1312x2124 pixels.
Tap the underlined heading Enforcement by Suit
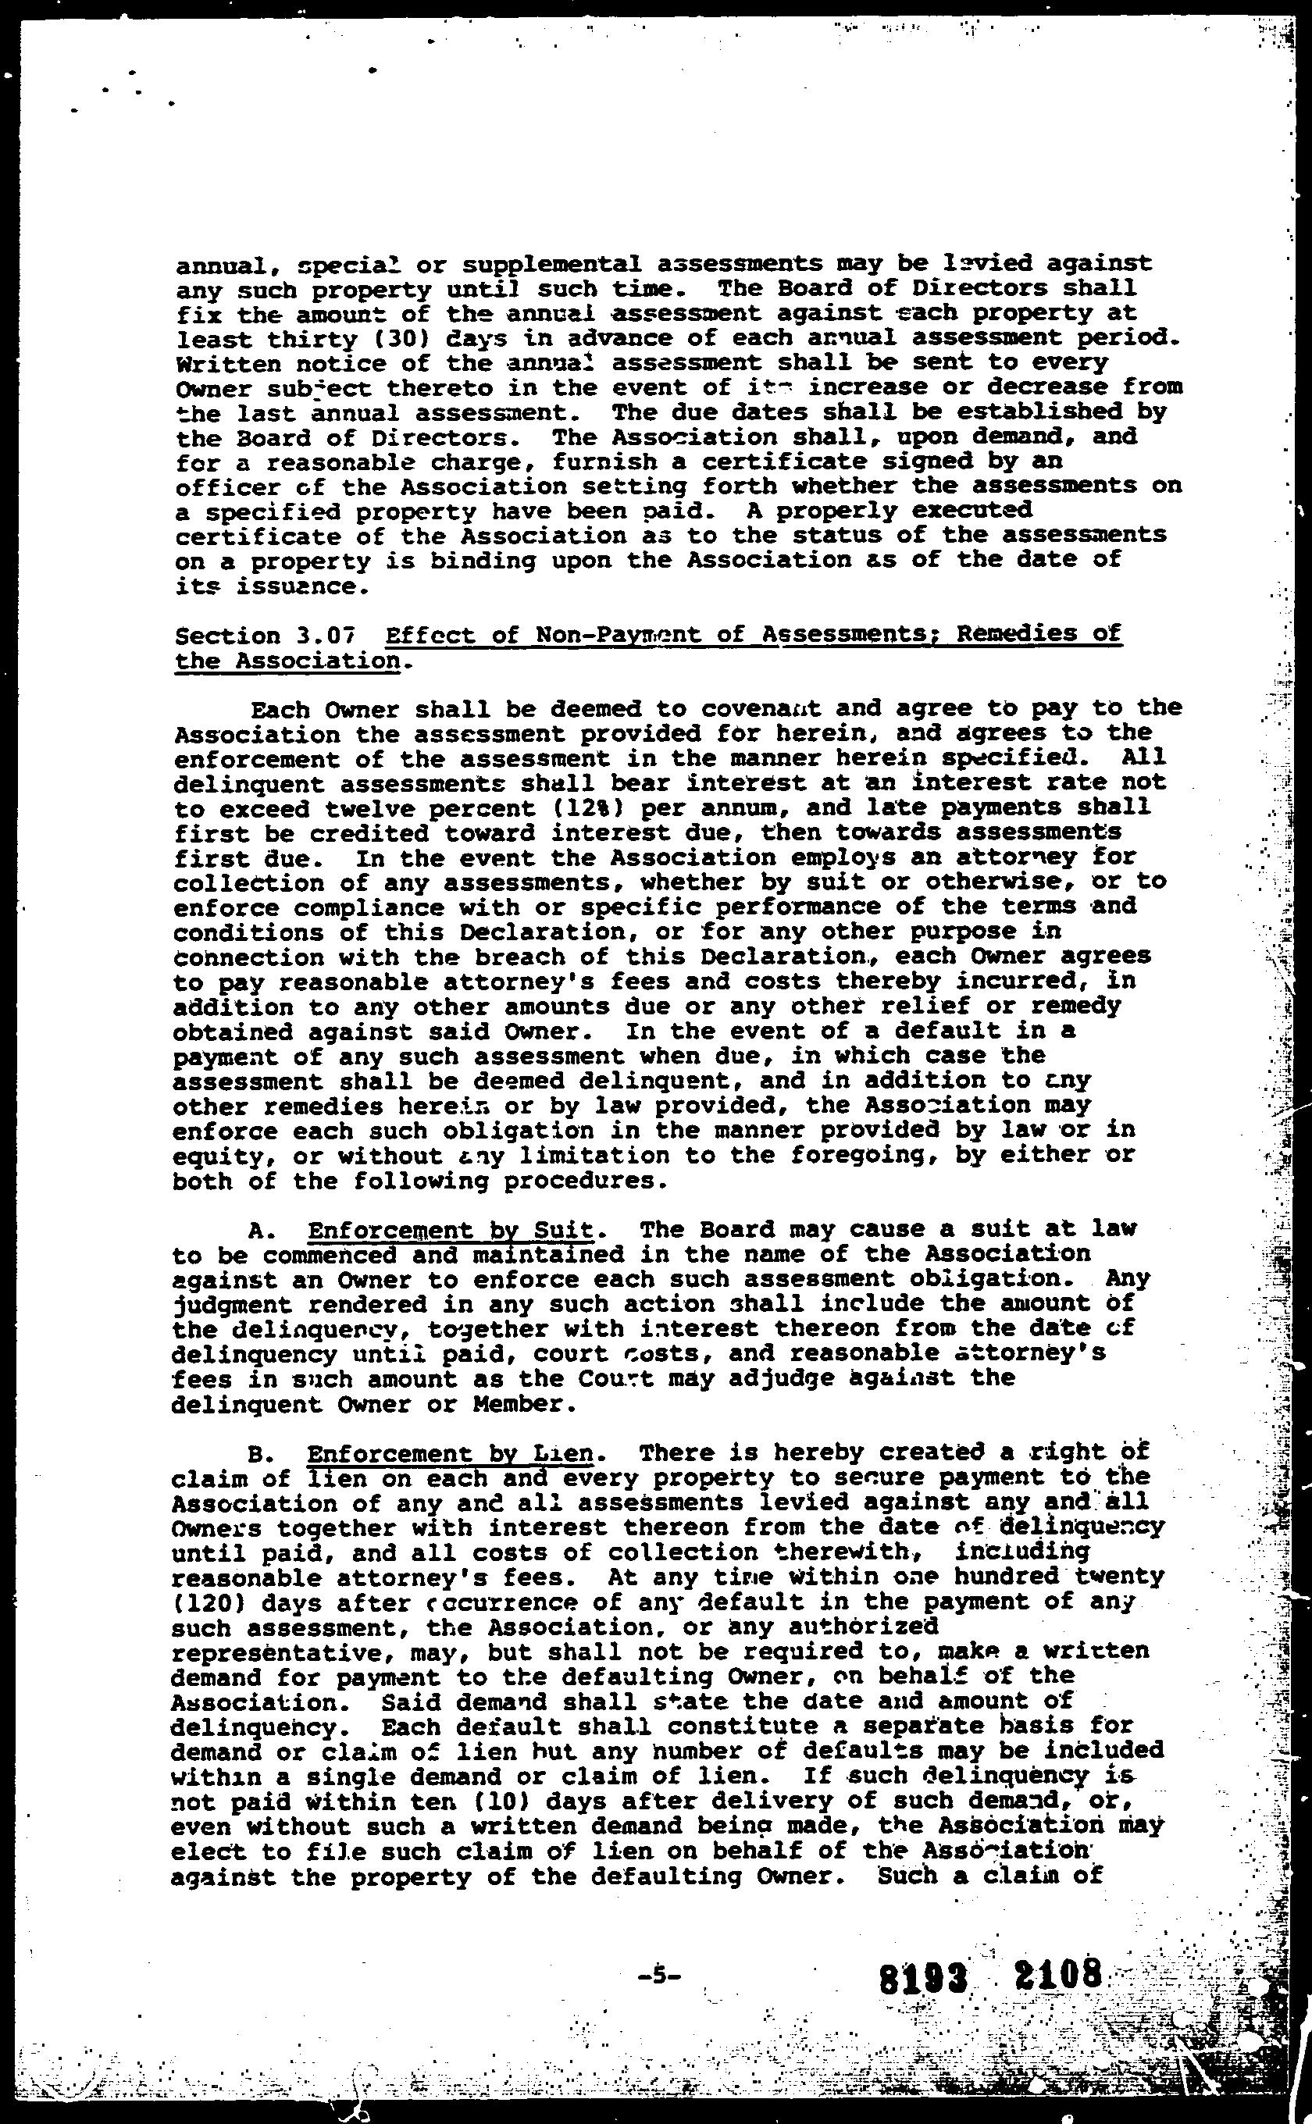point(451,1231)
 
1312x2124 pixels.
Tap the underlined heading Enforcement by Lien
point(451,1453)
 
